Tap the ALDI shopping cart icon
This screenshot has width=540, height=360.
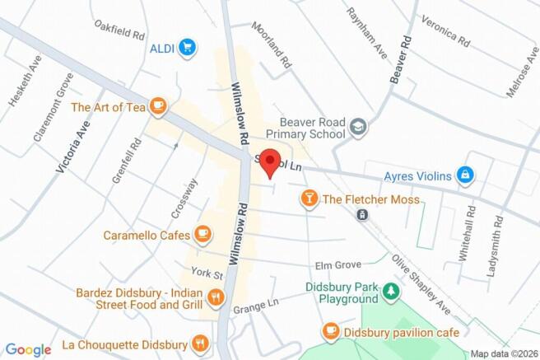tap(189, 48)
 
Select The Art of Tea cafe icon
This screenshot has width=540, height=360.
tap(158, 106)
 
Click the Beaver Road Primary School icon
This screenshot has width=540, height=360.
tap(358, 127)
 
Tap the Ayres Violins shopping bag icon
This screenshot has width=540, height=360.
tap(465, 175)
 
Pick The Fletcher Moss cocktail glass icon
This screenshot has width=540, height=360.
tap(308, 199)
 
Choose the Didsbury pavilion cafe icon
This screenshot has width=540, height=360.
tap(330, 330)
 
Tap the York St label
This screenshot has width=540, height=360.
tap(207, 273)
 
